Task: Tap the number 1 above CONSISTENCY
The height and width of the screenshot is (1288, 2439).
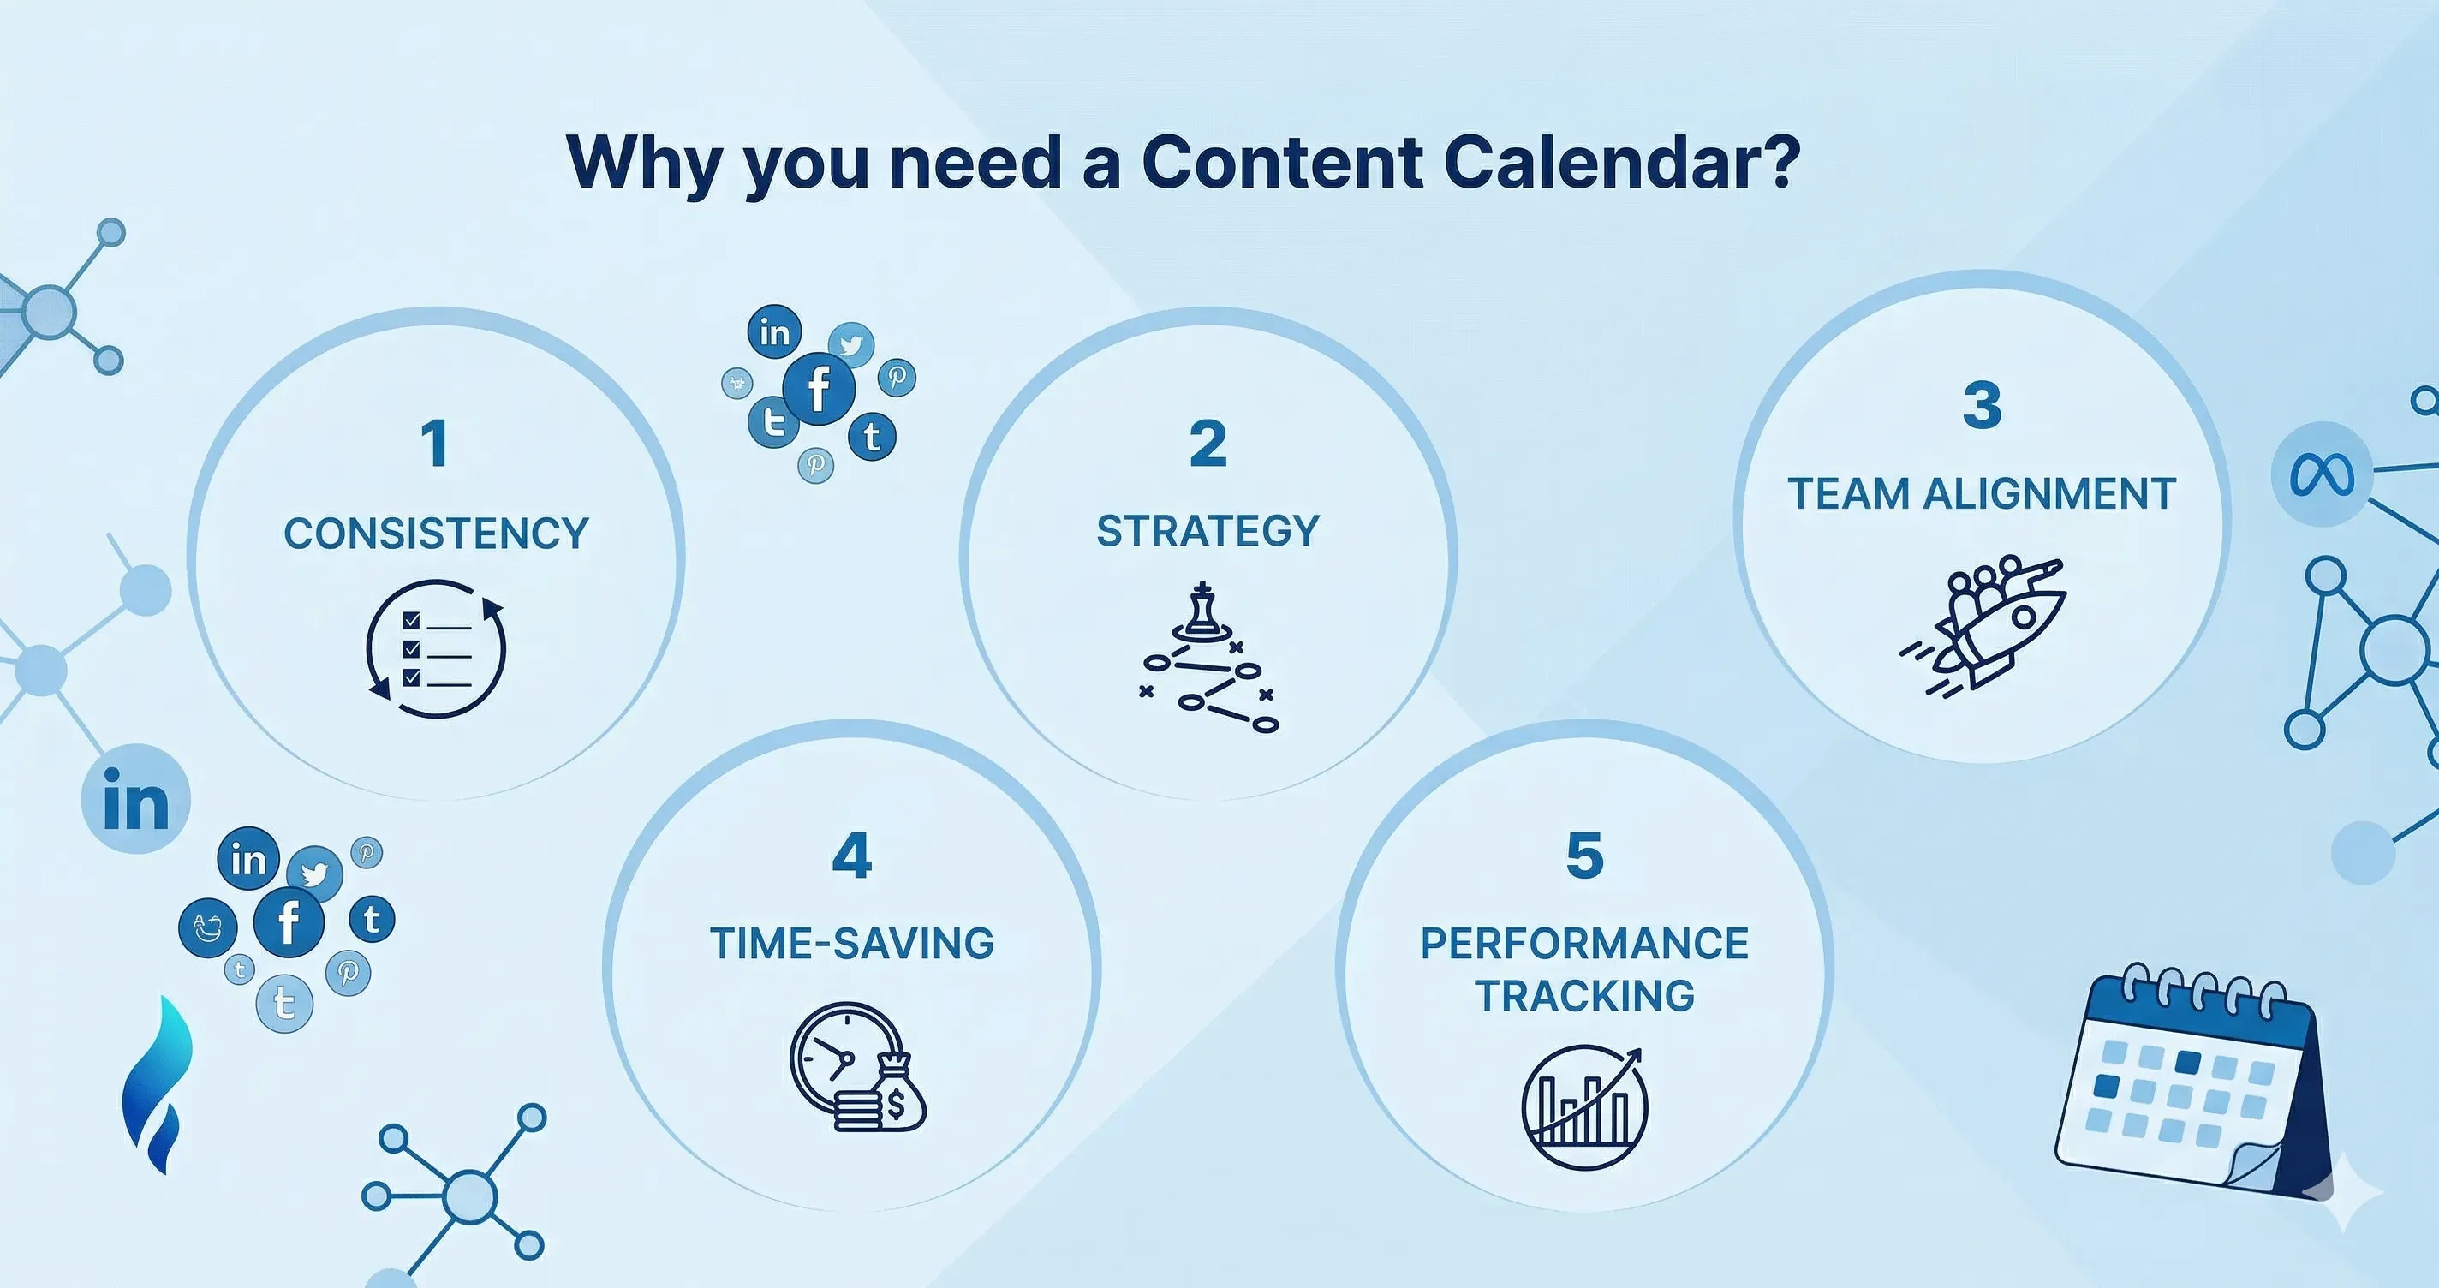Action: (434, 444)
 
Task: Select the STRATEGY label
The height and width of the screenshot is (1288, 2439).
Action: (1208, 530)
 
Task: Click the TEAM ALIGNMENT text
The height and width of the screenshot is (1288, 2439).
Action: (1982, 493)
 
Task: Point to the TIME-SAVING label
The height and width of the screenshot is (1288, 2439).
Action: (852, 943)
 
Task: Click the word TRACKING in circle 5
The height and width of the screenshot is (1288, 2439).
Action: (1585, 995)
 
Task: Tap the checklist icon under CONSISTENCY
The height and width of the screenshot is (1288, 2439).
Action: (437, 649)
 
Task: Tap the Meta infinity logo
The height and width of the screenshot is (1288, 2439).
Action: (2321, 475)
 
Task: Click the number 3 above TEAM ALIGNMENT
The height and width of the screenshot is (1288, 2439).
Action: (1982, 404)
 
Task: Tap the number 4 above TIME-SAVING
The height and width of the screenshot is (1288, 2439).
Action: (851, 856)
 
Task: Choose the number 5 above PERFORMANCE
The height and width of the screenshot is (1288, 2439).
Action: (1585, 856)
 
